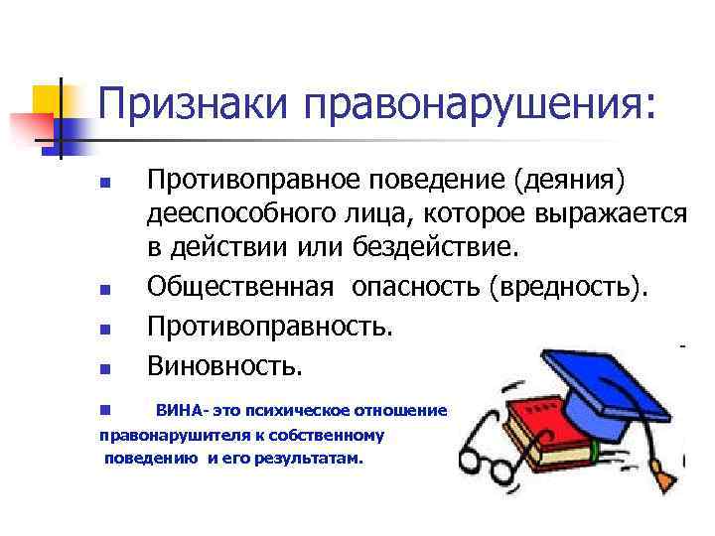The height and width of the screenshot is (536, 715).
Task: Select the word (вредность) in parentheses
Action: [566, 287]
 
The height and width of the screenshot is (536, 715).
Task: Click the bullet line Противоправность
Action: [269, 326]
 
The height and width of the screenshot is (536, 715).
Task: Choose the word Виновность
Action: [222, 365]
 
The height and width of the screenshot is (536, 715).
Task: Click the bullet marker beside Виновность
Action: [104, 369]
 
